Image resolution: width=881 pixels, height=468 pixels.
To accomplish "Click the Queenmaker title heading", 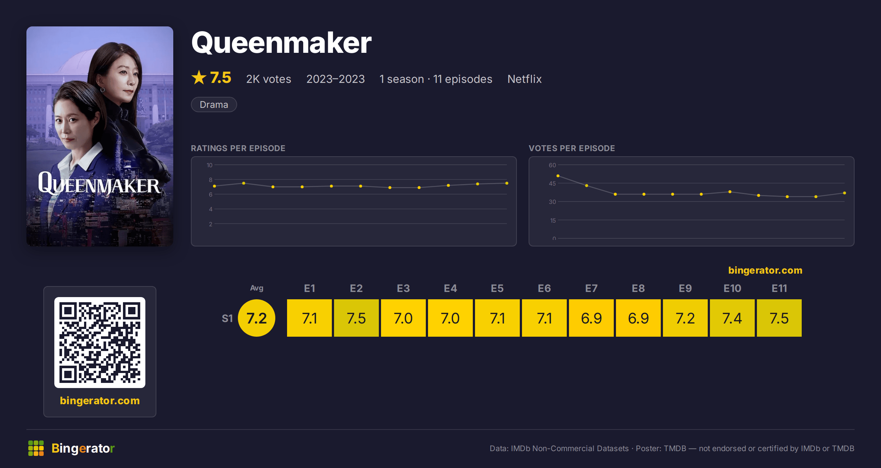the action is point(281,43).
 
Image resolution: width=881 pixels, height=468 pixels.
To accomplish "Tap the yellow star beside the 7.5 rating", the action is point(199,77).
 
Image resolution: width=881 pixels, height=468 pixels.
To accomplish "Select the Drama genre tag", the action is point(214,105).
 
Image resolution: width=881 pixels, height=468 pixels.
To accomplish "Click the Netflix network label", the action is point(524,79).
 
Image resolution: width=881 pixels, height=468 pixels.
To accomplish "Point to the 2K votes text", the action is point(268,79).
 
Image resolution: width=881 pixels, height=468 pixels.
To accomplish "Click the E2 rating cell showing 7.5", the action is point(356,318).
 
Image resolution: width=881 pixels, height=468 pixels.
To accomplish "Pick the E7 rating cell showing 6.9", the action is point(591,318).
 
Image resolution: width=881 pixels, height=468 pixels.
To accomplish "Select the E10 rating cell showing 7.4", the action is point(732,318).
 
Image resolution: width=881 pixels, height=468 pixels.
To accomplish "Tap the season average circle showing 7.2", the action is point(257,318).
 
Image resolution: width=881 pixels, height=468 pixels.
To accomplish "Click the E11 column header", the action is point(779,288).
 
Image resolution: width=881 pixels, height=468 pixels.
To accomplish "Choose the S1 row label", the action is point(227,318).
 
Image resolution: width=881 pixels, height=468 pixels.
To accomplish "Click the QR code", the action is point(100,343).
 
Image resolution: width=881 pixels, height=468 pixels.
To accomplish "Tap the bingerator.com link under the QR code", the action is point(100,401).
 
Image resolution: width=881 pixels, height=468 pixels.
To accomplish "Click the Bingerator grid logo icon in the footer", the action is point(36,448).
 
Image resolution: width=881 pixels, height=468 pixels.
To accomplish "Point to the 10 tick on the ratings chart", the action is point(209,165).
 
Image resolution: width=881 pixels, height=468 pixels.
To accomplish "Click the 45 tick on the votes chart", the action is point(552,183).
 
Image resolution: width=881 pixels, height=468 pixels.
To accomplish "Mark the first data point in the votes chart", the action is point(558,176).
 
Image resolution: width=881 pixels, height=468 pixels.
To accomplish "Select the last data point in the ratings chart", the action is point(507,183).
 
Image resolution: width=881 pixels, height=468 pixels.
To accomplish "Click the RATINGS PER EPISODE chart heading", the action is point(238,148).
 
